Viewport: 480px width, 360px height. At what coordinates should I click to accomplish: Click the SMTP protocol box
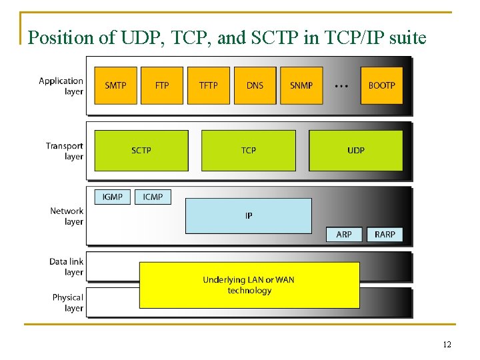(x=115, y=85)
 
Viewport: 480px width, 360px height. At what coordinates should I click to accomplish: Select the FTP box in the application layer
(x=162, y=85)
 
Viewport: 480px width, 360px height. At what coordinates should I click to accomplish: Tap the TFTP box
(x=208, y=85)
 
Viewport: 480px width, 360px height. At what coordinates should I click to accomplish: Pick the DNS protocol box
(x=255, y=85)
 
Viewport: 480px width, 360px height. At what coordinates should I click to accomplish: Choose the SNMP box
(x=301, y=85)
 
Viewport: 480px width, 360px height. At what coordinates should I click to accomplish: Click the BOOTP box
(x=381, y=85)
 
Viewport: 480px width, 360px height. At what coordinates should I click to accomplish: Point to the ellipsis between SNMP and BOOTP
(x=341, y=86)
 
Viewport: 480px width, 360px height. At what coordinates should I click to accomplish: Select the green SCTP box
(x=141, y=150)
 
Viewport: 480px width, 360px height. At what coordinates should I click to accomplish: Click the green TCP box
(x=248, y=150)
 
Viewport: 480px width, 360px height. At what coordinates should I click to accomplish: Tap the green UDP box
(x=356, y=150)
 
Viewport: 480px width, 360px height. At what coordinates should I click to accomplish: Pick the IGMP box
(x=113, y=197)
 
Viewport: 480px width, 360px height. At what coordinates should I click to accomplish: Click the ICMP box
(x=153, y=197)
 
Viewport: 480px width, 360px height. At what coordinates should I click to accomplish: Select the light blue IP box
(x=248, y=215)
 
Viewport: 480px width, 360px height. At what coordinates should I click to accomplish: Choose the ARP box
(x=344, y=234)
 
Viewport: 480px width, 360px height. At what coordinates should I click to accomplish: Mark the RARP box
(x=385, y=234)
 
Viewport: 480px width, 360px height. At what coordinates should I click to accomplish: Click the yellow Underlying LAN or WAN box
(x=249, y=285)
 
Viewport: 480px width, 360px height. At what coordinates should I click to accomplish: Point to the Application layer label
(x=61, y=86)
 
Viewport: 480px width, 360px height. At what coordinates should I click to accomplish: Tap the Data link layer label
(x=66, y=267)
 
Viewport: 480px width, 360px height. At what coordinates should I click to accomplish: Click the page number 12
(x=447, y=345)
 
